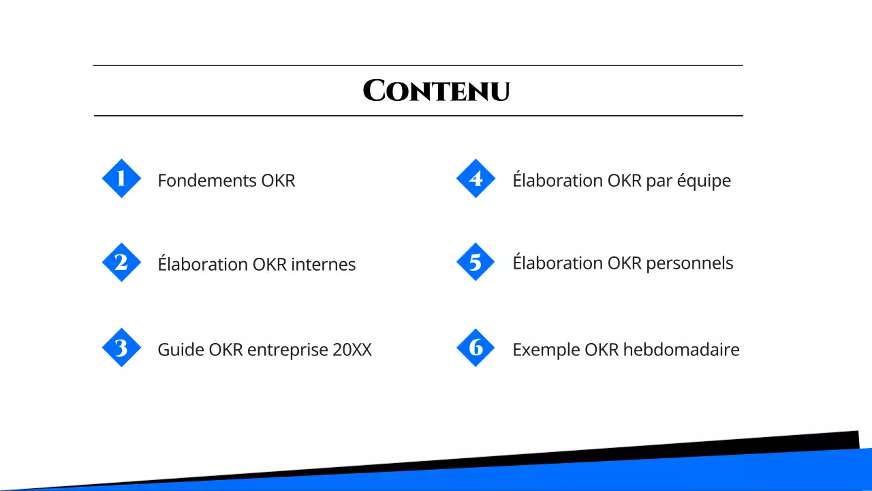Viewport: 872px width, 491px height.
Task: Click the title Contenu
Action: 436,91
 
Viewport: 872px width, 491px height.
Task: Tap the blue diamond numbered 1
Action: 121,179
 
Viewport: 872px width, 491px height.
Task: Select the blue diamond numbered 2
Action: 121,263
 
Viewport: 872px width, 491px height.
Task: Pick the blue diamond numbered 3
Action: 121,348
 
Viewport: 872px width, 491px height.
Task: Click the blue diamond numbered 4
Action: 476,179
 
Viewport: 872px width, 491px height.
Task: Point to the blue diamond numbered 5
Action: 476,263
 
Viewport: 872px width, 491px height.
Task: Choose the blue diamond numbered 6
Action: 476,348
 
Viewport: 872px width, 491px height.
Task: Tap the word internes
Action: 323,265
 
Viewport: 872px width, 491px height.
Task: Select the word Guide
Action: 181,350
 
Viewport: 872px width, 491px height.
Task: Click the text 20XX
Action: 352,350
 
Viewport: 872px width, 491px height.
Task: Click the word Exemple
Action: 546,351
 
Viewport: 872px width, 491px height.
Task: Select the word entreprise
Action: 287,351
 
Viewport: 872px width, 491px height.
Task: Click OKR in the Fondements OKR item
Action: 278,181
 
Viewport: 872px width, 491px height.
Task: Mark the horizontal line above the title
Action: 417,65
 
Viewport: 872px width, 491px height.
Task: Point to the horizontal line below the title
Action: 417,116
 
